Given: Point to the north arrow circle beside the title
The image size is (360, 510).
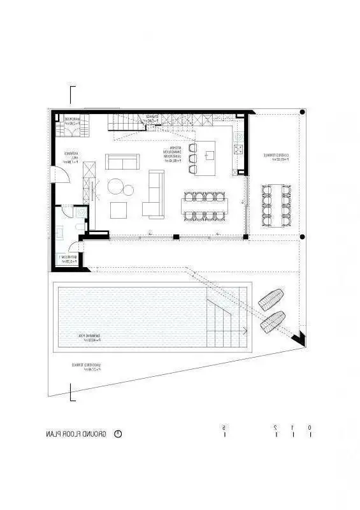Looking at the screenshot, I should click(x=118, y=433).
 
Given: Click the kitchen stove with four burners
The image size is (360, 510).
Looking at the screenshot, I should click(x=238, y=149).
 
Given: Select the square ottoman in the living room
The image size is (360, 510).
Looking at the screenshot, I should click(x=119, y=210).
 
